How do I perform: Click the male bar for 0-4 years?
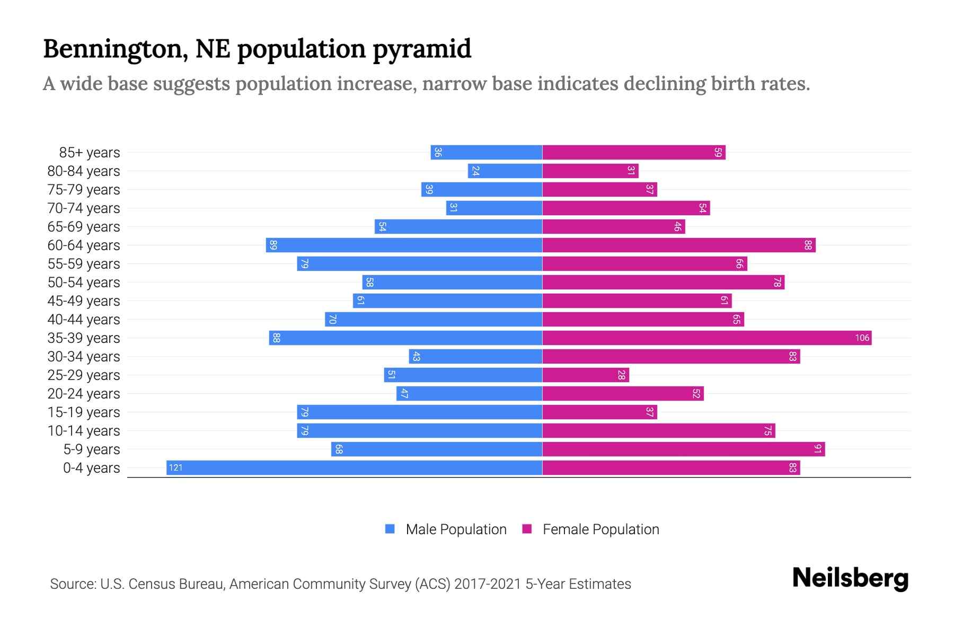354,467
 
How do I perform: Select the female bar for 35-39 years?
706,338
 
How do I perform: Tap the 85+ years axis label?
90,153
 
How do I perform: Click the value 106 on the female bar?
862,338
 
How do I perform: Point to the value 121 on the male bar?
175,467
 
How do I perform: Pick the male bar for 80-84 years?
505,171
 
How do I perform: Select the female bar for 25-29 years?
585,375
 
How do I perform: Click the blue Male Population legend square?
390,529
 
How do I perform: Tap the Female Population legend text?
600,529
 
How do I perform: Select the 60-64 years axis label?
84,245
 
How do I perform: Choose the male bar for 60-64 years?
404,245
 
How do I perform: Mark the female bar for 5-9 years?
683,449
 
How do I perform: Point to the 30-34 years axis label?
84,357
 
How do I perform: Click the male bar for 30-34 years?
475,356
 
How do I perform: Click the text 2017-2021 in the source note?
488,584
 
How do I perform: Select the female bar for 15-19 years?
599,412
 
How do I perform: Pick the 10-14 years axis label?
84,431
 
